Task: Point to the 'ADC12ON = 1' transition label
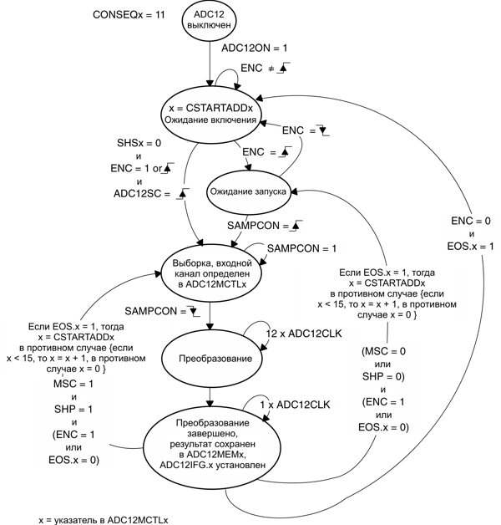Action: [254, 49]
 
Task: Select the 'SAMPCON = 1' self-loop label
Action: [301, 249]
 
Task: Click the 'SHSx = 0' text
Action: [138, 144]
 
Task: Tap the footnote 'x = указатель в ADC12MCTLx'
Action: [103, 519]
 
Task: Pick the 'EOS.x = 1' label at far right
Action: [471, 247]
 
